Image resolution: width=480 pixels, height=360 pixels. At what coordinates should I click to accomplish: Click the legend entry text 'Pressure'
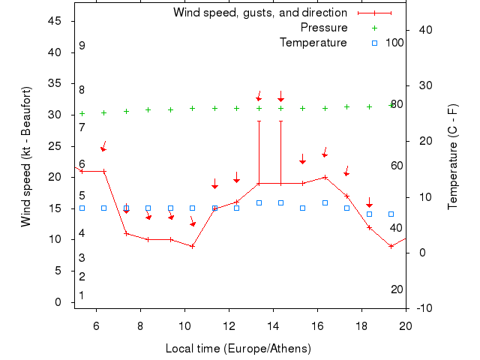(324, 28)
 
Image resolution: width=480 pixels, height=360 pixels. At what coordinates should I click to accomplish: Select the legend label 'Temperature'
(313, 43)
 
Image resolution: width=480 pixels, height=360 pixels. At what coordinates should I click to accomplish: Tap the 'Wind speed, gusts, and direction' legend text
(260, 13)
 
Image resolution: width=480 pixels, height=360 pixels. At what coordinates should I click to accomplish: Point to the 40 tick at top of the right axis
(423, 30)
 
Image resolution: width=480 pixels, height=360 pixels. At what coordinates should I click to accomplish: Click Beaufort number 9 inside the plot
(82, 46)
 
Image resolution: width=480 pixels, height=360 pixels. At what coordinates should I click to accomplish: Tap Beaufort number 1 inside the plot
(82, 295)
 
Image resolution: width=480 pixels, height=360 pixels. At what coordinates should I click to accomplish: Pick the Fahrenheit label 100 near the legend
(395, 43)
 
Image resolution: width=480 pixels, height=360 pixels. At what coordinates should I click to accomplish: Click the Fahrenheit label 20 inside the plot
(397, 289)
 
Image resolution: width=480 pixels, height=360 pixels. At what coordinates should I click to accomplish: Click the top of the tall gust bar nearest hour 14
(280, 121)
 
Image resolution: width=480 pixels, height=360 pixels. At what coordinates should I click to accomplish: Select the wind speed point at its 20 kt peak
(325, 177)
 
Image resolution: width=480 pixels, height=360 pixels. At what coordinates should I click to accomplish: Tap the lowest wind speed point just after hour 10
(193, 246)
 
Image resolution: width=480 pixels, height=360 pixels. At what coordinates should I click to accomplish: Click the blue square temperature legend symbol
(374, 43)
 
